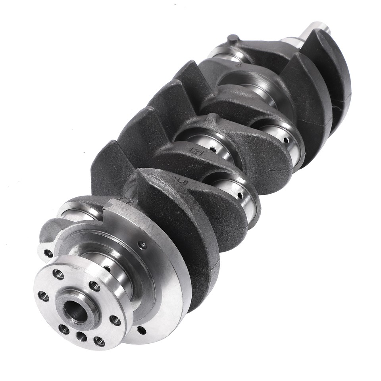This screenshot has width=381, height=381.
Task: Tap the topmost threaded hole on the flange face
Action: coord(58,274)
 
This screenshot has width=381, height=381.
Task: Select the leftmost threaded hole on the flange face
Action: coord(43,296)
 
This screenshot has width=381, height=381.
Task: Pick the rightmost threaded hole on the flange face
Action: coord(115,320)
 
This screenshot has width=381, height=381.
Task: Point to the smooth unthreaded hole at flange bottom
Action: coord(81,337)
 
